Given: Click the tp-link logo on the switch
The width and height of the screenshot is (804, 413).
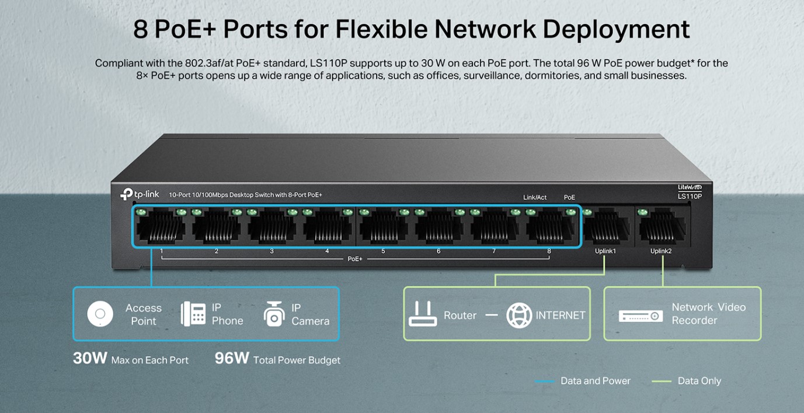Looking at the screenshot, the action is (x=140, y=194).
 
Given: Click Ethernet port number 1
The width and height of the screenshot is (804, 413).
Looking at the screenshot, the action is (x=161, y=226).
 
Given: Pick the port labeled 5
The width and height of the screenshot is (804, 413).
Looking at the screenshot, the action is (x=384, y=226).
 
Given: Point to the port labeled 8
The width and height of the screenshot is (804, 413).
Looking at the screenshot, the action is (x=550, y=226).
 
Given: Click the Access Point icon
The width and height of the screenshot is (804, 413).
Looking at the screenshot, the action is (x=100, y=314).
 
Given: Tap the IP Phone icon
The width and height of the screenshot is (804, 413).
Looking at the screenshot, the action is (x=193, y=314).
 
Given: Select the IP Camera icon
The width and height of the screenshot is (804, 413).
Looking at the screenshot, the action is (x=274, y=314).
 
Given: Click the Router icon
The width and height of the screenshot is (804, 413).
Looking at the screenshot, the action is (x=423, y=314).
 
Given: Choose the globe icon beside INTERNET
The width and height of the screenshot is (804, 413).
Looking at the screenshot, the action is (x=519, y=315).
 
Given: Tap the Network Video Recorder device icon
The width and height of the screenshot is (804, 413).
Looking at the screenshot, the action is (x=641, y=316).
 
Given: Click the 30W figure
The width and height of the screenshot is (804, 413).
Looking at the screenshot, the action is (x=90, y=358).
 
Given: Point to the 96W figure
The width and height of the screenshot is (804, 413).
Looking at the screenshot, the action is (x=232, y=358).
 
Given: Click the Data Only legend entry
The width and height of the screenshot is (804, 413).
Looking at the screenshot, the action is (x=686, y=381).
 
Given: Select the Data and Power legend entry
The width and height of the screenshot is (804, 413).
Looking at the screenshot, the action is (x=583, y=381).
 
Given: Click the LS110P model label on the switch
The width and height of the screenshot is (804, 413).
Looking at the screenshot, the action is (x=690, y=197).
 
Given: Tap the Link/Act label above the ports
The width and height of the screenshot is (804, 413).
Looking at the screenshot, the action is (x=535, y=198).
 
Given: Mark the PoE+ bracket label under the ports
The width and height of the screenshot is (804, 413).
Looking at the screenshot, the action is (x=355, y=259).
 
